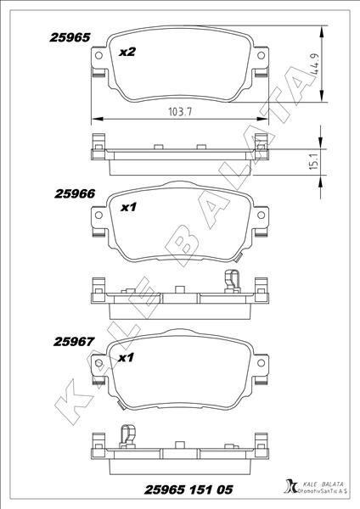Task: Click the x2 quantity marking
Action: [127, 53]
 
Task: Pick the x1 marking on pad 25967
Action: [126, 358]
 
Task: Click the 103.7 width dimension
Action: [180, 111]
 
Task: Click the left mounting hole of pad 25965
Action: [100, 57]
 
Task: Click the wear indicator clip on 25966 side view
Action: [230, 279]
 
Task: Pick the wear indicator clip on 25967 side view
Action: [125, 433]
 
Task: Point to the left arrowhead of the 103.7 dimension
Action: [93, 118]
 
